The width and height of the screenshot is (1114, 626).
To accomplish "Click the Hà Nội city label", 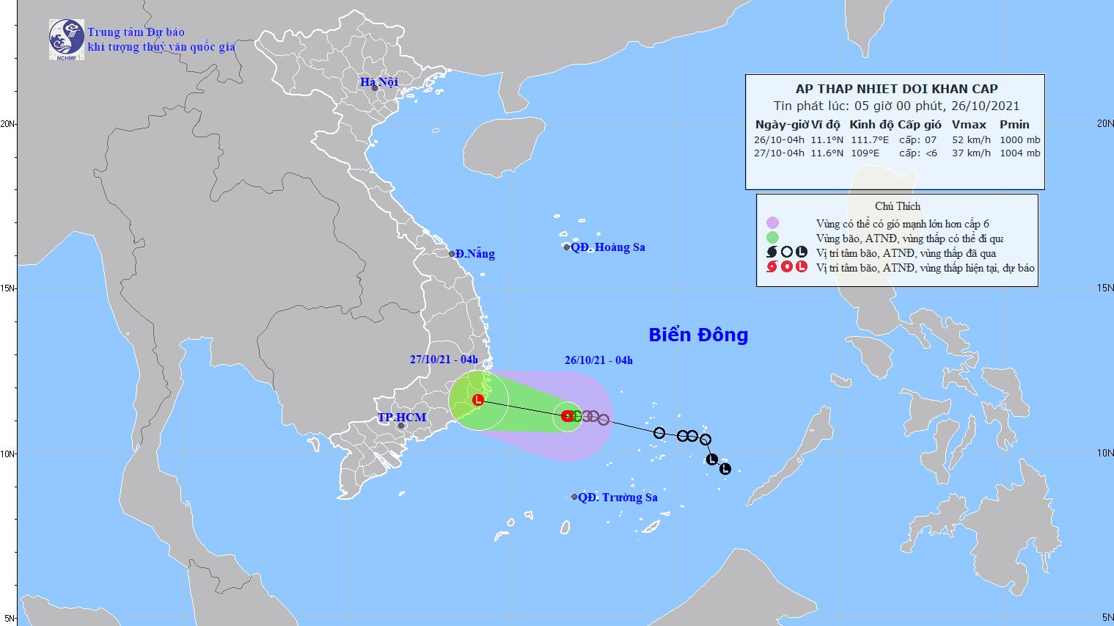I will [x=378, y=82].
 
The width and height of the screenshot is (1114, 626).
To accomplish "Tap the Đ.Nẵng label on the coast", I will [x=474, y=254].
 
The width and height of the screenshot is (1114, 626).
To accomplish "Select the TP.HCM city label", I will [x=402, y=418].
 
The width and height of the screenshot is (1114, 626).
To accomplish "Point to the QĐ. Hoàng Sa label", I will [x=608, y=247].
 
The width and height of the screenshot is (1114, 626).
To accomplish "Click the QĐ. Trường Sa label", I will [x=618, y=498].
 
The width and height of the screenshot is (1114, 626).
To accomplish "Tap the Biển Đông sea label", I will [x=698, y=335].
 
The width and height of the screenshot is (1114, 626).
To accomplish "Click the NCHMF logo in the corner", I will [x=66, y=39].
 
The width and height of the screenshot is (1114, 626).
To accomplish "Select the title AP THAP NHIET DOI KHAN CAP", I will [x=896, y=90].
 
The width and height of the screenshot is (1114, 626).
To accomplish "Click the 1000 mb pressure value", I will [x=1020, y=139].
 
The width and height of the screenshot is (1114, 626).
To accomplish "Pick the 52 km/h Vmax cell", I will [x=971, y=139].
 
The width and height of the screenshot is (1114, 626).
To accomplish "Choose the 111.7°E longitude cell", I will [x=870, y=139].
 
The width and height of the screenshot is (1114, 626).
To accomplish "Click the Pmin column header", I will [x=1014, y=125].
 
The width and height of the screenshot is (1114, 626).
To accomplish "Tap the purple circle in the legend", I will [x=772, y=223].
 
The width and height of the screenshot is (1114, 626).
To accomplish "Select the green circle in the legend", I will [x=772, y=238].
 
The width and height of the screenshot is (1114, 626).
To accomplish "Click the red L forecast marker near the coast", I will [x=478, y=400].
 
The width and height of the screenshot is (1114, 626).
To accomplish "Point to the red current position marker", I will [x=566, y=416].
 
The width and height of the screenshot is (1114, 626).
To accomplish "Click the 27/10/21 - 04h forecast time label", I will [x=444, y=360].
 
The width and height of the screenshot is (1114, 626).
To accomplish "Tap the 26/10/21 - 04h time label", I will [x=598, y=360].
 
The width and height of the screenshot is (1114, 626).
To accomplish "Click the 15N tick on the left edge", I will [x=8, y=288].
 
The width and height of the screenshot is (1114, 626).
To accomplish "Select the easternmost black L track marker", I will [x=725, y=469].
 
